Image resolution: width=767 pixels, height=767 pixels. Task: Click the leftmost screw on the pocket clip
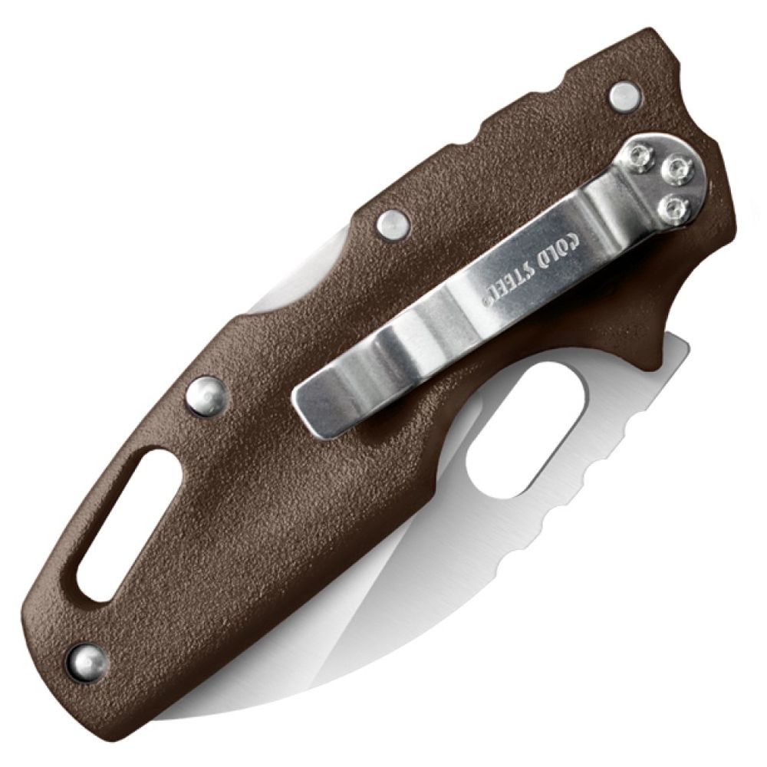(x=639, y=156)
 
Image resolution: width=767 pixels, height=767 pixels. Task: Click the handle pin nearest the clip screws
(x=623, y=94)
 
